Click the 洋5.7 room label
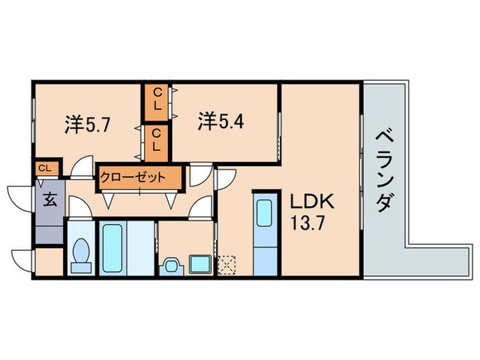89,124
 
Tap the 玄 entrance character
50,200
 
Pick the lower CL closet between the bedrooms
156,139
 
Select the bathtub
112,246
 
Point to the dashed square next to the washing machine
226,264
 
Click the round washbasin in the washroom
169,263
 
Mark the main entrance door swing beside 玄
22,195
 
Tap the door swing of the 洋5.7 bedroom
83,167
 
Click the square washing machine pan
200,263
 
